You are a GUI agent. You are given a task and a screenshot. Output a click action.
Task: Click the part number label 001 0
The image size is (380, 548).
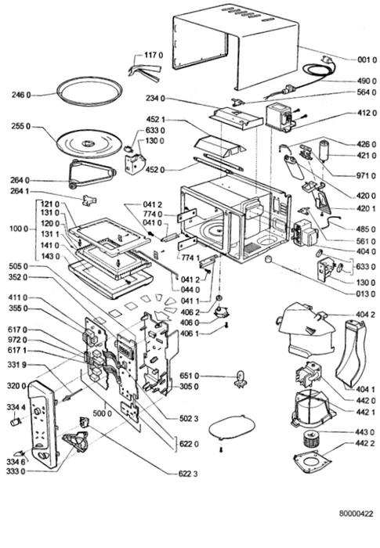[x=367, y=59]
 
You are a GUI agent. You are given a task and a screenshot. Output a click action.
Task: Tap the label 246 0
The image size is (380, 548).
[x=21, y=95]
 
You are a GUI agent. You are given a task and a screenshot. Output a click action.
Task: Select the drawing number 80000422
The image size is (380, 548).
[x=356, y=514]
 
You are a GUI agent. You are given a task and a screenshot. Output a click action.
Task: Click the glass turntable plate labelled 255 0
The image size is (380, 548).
[x=89, y=143]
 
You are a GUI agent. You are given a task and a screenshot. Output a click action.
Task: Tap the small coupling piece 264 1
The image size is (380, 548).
[x=89, y=200]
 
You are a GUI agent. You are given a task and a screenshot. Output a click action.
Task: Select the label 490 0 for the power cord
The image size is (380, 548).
[x=367, y=81]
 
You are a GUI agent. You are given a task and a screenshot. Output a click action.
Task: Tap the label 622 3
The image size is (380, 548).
[x=188, y=474]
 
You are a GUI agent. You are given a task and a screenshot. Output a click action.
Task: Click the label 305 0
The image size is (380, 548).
[x=189, y=387]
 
